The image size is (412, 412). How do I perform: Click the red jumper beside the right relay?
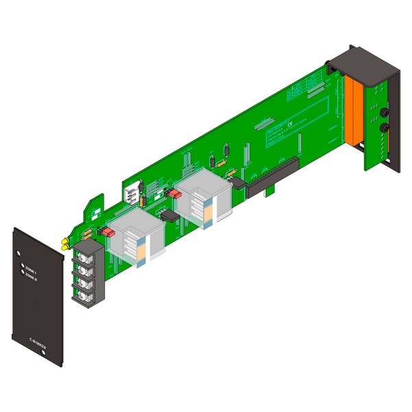tap(176, 195)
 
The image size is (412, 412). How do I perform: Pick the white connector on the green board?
tap(129, 188)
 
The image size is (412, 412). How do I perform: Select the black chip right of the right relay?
tap(238, 182)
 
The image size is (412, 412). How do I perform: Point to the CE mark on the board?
tap(290, 125)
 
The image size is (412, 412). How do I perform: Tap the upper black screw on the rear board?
tap(381, 112)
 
